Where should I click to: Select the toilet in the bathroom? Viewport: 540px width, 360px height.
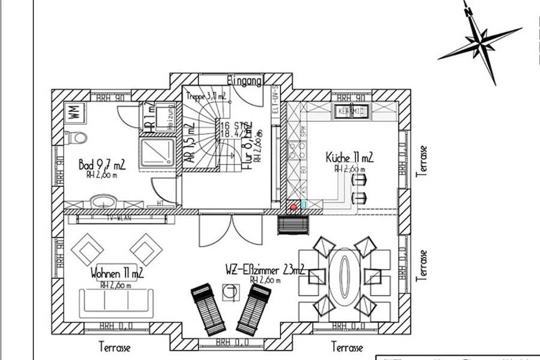coord(77,138)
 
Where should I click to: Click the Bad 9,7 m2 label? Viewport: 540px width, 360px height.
coord(101,164)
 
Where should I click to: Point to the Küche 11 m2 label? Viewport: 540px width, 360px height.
coord(349,158)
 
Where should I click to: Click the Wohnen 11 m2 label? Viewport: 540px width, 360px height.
coord(117,274)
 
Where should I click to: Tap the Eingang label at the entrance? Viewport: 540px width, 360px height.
coord(244,80)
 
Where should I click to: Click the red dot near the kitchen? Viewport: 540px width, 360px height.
coord(293,206)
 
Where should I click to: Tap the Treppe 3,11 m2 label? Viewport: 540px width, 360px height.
coord(206,96)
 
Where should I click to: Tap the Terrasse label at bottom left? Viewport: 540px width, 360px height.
coord(115,347)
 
